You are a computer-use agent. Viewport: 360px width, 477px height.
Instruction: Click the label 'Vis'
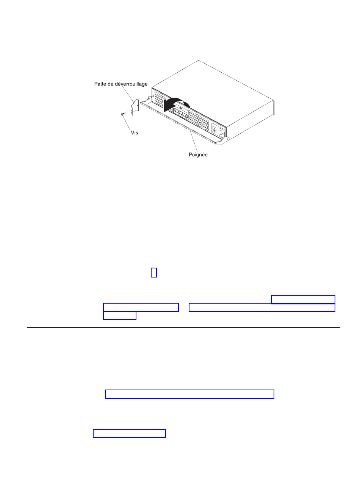coord(134,132)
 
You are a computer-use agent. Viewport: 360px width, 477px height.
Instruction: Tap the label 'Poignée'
coord(198,154)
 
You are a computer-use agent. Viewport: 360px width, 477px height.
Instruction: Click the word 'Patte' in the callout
coord(100,84)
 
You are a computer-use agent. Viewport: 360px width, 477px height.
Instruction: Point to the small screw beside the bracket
coord(123,114)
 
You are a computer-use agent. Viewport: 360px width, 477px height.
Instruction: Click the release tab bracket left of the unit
coord(135,107)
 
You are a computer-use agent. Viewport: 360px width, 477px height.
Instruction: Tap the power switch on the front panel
coord(214,129)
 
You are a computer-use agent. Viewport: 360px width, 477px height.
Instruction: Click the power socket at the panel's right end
coord(221,132)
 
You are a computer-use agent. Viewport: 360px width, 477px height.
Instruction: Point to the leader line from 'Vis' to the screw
coord(127,123)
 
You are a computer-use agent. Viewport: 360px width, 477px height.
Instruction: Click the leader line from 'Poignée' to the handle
coord(194,141)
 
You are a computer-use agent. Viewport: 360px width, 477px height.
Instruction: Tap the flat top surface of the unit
coord(212,94)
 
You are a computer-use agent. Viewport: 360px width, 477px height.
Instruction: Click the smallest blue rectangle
coord(153,272)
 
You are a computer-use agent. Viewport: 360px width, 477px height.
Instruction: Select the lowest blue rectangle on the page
coord(129,433)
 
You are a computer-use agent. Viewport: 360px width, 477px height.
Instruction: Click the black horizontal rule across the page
coord(183,327)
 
